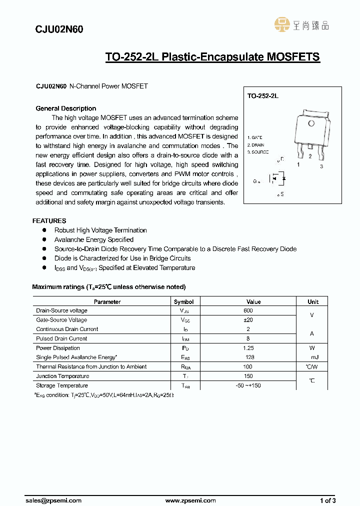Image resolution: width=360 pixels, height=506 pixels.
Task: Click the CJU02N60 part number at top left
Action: click(59, 29)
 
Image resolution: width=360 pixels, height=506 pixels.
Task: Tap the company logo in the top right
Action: click(301, 25)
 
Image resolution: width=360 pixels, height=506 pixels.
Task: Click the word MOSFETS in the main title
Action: click(293, 57)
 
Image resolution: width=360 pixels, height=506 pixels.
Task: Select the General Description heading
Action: click(66, 108)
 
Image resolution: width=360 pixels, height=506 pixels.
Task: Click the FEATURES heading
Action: click(49, 220)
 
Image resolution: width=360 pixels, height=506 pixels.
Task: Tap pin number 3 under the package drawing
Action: click(321, 166)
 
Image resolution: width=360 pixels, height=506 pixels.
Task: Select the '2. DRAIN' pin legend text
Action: click(256, 144)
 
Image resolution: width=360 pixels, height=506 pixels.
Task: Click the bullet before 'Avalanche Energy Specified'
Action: click(44, 239)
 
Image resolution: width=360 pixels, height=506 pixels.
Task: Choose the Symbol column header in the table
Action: click(183, 301)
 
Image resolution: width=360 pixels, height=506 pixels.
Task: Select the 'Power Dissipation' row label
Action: click(58, 348)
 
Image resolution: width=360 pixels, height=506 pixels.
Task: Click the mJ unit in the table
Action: click(314, 357)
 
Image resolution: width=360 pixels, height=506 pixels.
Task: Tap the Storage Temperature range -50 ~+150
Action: click(248, 385)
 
